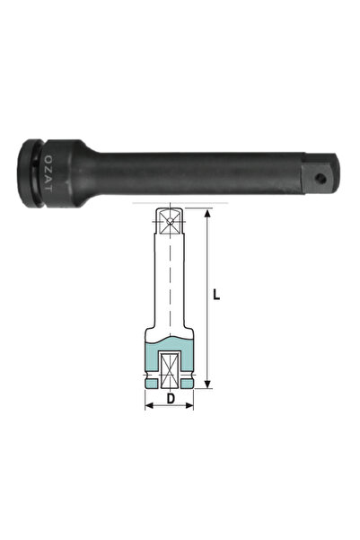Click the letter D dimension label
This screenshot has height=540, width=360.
pyautogui.click(x=170, y=395)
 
